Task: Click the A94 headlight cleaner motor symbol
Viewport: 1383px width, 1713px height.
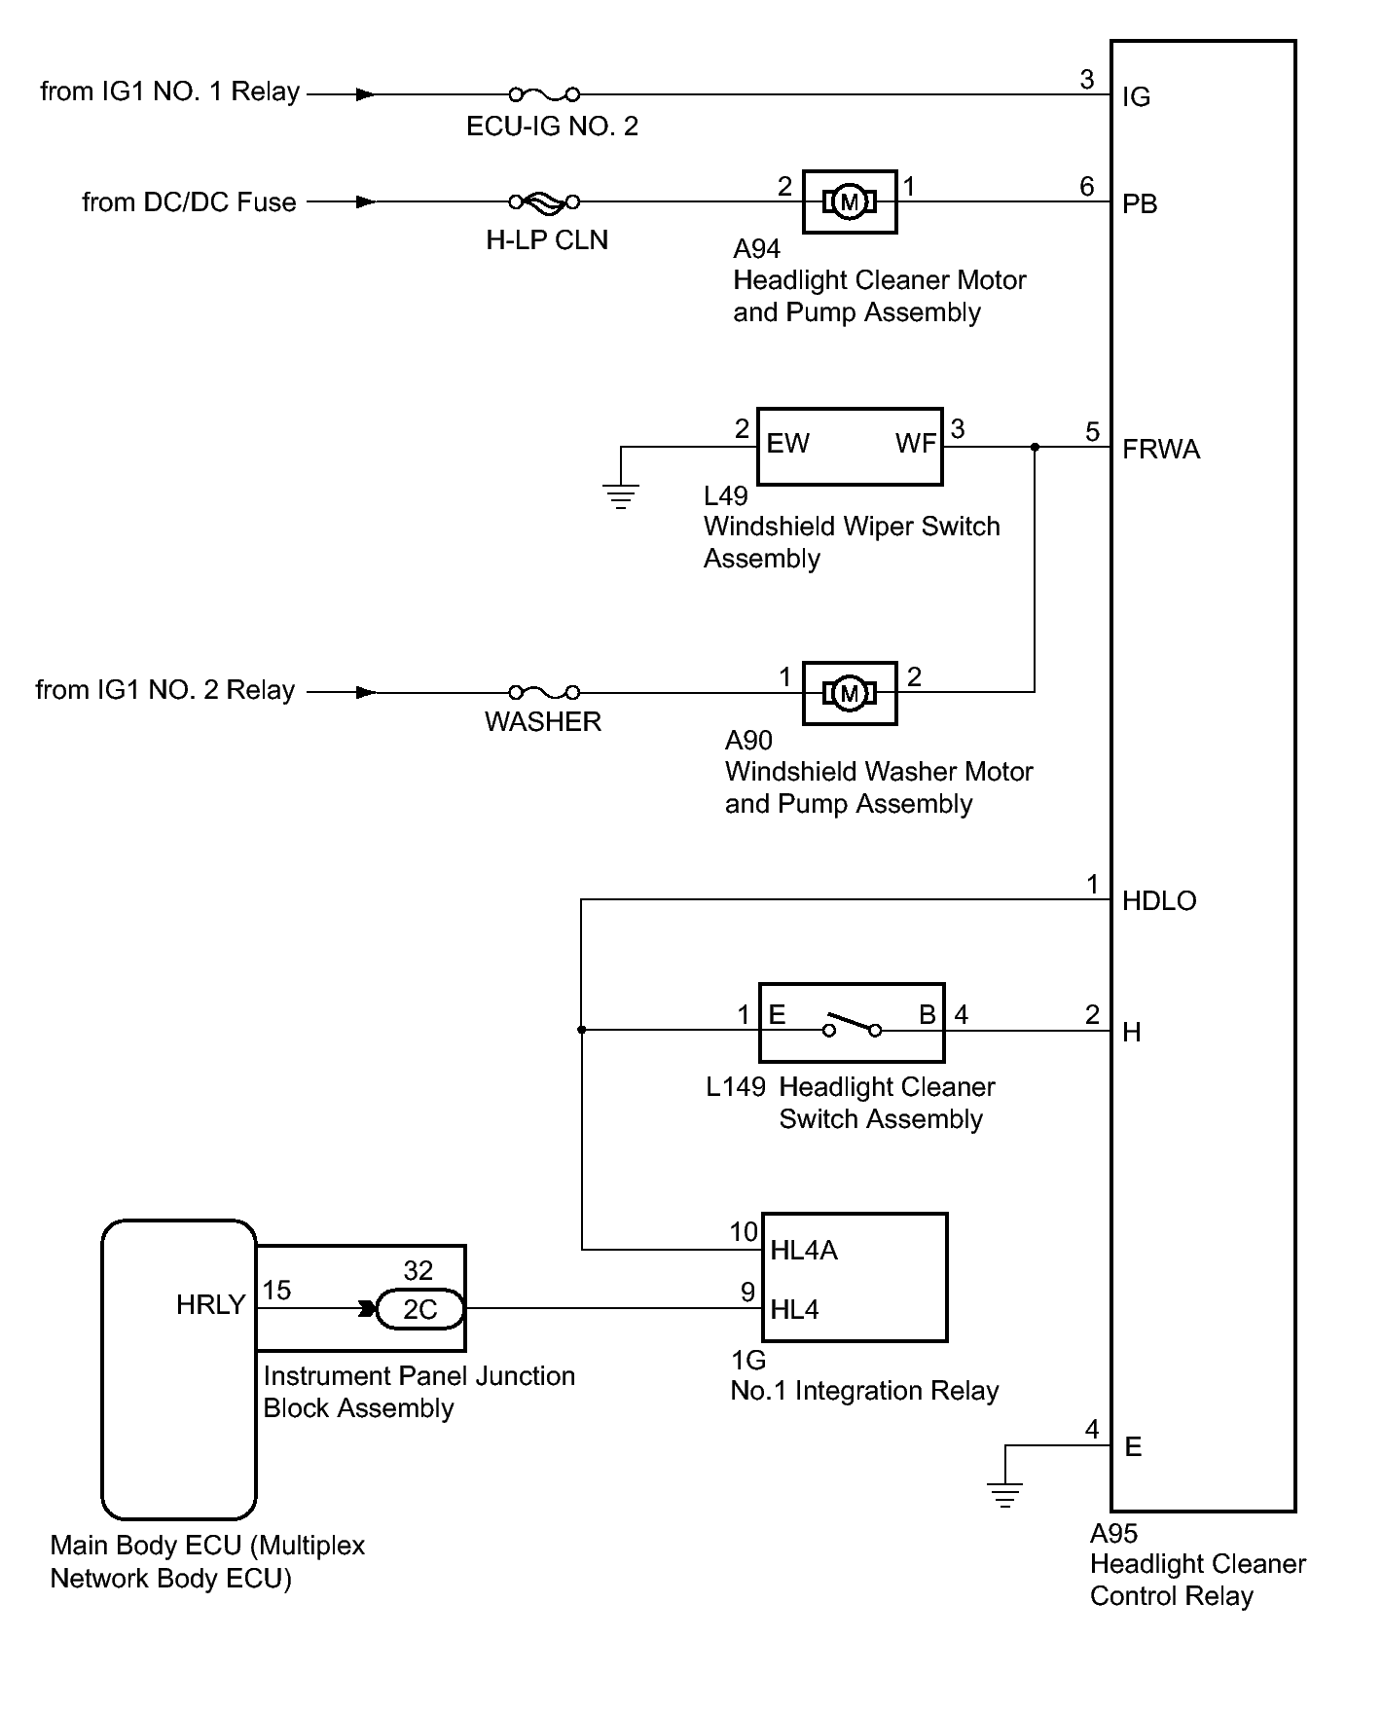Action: tap(850, 202)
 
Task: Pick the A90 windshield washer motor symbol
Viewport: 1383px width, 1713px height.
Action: tap(850, 693)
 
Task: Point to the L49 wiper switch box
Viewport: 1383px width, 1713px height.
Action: tap(850, 446)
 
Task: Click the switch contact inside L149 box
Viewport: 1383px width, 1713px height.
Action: tap(852, 1026)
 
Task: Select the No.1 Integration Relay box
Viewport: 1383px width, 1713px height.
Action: tap(854, 1277)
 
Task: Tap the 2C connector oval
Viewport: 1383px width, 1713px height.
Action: tap(420, 1309)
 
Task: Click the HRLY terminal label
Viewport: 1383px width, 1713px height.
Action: tap(210, 1305)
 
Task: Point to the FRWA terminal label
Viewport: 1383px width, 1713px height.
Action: tap(1161, 450)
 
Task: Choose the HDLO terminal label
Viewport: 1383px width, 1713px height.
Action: tap(1159, 901)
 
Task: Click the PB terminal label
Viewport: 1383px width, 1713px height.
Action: tap(1140, 204)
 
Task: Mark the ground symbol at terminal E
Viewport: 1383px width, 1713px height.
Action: tap(1004, 1495)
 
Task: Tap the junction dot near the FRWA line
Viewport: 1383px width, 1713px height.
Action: tap(1035, 447)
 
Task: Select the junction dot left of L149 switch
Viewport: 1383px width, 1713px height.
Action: tap(582, 1029)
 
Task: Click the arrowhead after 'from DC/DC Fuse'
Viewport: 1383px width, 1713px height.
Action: tap(366, 201)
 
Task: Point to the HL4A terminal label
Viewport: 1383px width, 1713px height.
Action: tap(803, 1251)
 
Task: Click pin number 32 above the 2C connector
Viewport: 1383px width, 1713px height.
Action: tap(419, 1271)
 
